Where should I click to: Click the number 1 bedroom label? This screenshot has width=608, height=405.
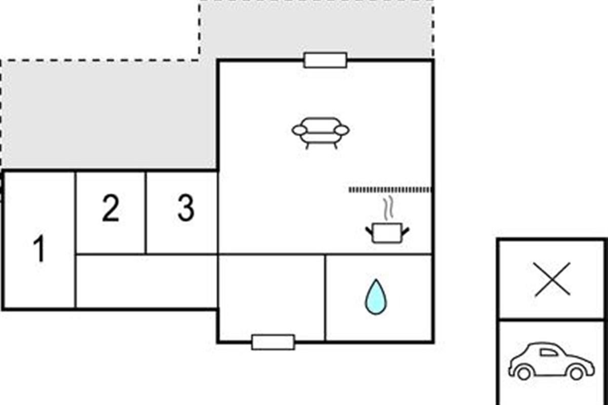click(x=39, y=248)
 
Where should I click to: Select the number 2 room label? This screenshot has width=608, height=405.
click(x=111, y=208)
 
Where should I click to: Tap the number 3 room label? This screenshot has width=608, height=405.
click(x=186, y=208)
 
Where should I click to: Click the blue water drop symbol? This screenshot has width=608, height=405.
click(x=376, y=297)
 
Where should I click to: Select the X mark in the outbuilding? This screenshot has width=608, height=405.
click(x=552, y=279)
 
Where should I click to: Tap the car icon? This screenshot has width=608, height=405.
click(x=551, y=361)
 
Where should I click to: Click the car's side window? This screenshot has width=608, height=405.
click(x=549, y=352)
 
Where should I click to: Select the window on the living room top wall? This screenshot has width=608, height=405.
click(x=325, y=60)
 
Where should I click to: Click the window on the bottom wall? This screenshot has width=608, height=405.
click(x=273, y=342)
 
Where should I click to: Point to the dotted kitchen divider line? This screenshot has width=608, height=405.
click(x=390, y=190)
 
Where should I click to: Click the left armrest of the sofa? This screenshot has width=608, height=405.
click(x=299, y=130)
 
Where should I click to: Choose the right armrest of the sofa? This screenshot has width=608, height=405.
click(x=341, y=130)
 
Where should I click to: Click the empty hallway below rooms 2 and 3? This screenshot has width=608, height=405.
click(x=146, y=281)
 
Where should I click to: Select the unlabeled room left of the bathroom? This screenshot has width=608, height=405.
click(x=272, y=297)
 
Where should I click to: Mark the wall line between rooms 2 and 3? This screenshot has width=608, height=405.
click(x=146, y=213)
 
